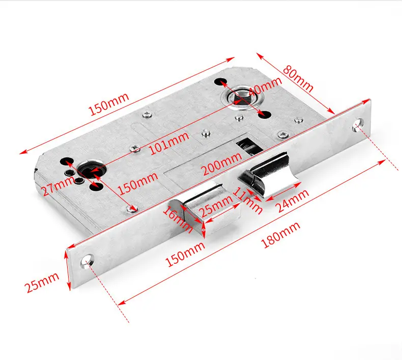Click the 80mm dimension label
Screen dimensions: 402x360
tap(298, 79)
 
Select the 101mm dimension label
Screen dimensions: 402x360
tap(169, 144)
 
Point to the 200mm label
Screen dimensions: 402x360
tap(221, 163)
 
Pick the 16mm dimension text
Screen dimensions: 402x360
tap(177, 219)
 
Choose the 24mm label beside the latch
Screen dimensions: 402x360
tap(293, 201)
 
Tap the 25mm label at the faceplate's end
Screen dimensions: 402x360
tap(42, 282)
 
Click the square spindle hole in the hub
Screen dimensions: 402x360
tap(239, 98)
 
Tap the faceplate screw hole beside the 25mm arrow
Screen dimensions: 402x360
tap(87, 261)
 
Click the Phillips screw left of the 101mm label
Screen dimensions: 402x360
tap(135, 148)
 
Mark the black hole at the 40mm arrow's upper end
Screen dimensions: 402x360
tap(220, 81)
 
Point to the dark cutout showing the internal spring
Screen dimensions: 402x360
tap(248, 147)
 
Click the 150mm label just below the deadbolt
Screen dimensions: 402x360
tap(185, 254)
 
